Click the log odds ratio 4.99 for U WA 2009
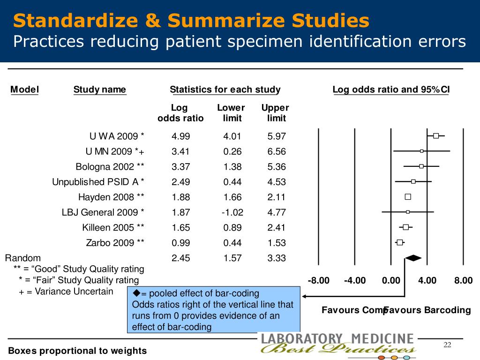[x=180, y=136]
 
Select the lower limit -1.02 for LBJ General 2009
[x=232, y=212]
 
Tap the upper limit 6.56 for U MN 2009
[x=276, y=151]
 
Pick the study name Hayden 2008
[x=111, y=197]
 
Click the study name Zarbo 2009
[x=115, y=243]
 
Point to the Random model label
[x=22, y=258]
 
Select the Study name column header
[x=99, y=90]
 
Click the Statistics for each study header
[x=225, y=90]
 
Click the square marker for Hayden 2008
[x=408, y=197]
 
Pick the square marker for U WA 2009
[x=436, y=136]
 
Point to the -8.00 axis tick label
[x=319, y=280]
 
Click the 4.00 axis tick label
[x=427, y=280]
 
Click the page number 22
[x=447, y=345]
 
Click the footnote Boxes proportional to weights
[x=77, y=351]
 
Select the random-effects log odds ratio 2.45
[x=180, y=258]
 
